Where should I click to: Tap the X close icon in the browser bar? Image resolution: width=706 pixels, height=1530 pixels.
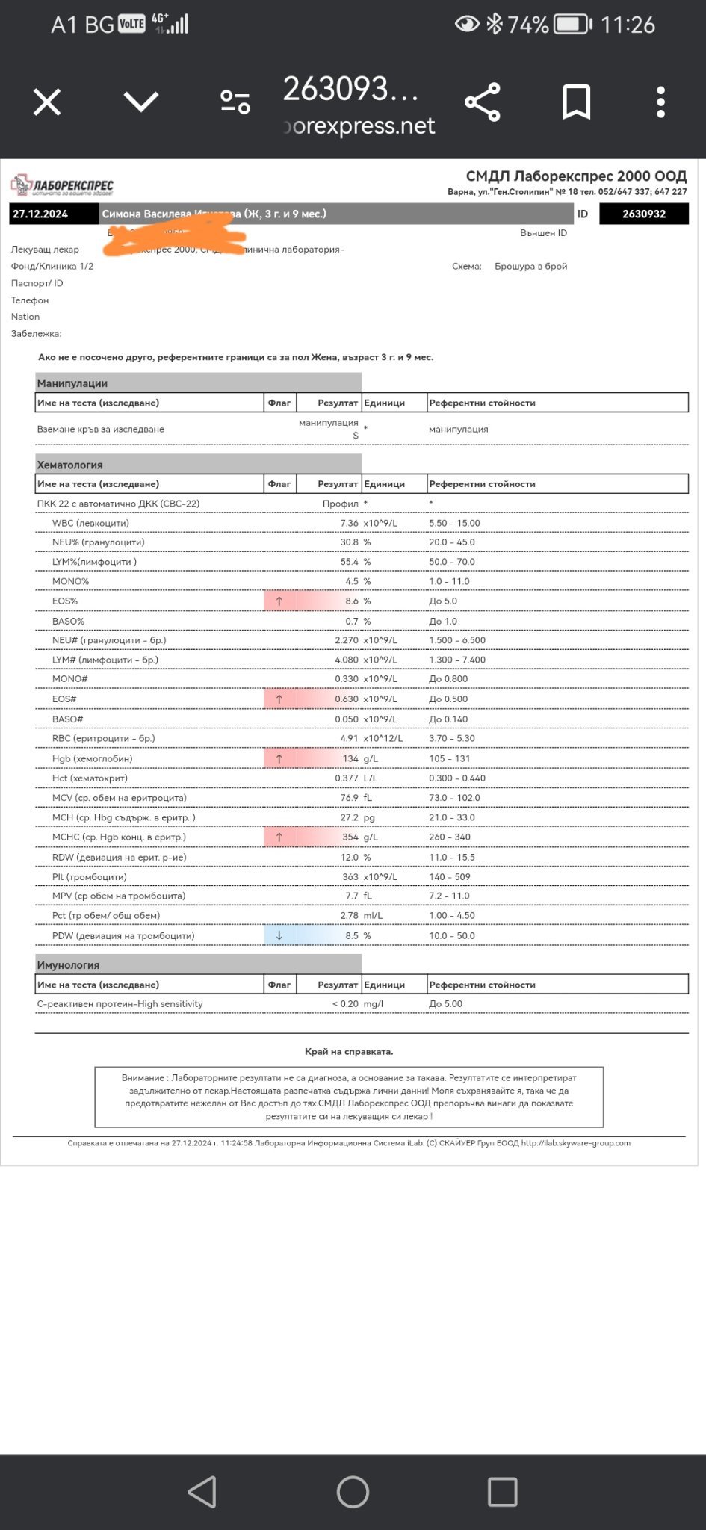(47, 102)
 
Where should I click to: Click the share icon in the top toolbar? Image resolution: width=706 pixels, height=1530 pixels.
(483, 102)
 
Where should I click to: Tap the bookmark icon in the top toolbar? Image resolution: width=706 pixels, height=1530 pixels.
(576, 102)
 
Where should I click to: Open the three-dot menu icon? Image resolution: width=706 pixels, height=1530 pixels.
(660, 102)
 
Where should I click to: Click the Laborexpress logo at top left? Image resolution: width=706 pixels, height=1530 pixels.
(62, 185)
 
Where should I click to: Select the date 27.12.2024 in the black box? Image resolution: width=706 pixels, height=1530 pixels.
(40, 214)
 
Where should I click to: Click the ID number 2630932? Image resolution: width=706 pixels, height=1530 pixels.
(644, 214)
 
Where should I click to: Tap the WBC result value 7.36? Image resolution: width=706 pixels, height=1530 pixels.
(349, 523)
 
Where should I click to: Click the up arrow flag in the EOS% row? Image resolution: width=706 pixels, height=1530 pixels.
(279, 601)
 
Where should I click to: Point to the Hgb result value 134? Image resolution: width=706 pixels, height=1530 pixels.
(350, 758)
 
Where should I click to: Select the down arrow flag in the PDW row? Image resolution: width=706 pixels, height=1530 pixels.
(279, 935)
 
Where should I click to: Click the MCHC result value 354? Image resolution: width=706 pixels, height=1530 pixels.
(350, 837)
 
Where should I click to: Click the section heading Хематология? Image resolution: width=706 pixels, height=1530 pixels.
(70, 465)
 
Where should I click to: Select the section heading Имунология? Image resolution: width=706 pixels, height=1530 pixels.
(68, 965)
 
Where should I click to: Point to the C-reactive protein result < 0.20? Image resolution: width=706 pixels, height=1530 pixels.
(345, 1004)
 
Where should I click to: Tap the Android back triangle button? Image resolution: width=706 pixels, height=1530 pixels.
(202, 1491)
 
